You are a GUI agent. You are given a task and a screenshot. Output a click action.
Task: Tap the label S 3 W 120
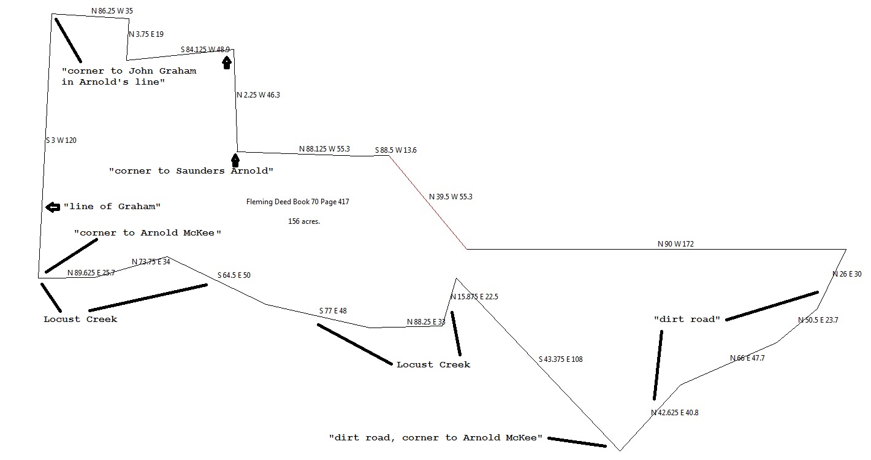pos(61,140)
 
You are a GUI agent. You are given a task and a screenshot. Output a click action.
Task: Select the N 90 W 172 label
pos(675,244)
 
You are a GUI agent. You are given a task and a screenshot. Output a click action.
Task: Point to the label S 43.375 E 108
pos(560,359)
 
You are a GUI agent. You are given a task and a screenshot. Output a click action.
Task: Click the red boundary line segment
pos(428,202)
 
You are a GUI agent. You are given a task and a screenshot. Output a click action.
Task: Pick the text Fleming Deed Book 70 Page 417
pos(297,202)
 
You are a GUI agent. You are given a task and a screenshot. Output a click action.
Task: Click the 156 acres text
pos(304,221)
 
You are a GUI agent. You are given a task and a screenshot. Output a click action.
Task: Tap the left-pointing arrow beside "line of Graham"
pos(53,207)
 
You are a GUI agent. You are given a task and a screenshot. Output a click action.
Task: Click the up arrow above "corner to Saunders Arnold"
pos(235,160)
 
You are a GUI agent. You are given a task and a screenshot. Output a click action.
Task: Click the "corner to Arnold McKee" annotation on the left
pos(147,233)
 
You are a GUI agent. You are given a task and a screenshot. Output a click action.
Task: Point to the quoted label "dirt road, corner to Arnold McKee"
pos(436,437)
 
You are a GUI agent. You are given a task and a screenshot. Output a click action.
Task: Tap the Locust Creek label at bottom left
pos(80,320)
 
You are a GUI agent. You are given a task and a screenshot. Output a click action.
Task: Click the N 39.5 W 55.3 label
pos(451,197)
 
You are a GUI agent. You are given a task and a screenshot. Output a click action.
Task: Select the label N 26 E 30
pos(846,274)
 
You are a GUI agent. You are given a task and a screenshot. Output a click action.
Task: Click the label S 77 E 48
pos(333,311)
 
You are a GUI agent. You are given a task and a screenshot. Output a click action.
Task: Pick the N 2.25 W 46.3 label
pos(258,95)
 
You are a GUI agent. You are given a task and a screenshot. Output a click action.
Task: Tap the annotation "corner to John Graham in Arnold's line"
pos(129,76)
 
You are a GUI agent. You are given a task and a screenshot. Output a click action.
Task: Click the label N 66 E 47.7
pos(747,358)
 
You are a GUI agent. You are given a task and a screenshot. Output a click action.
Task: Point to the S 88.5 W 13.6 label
pos(396,150)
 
